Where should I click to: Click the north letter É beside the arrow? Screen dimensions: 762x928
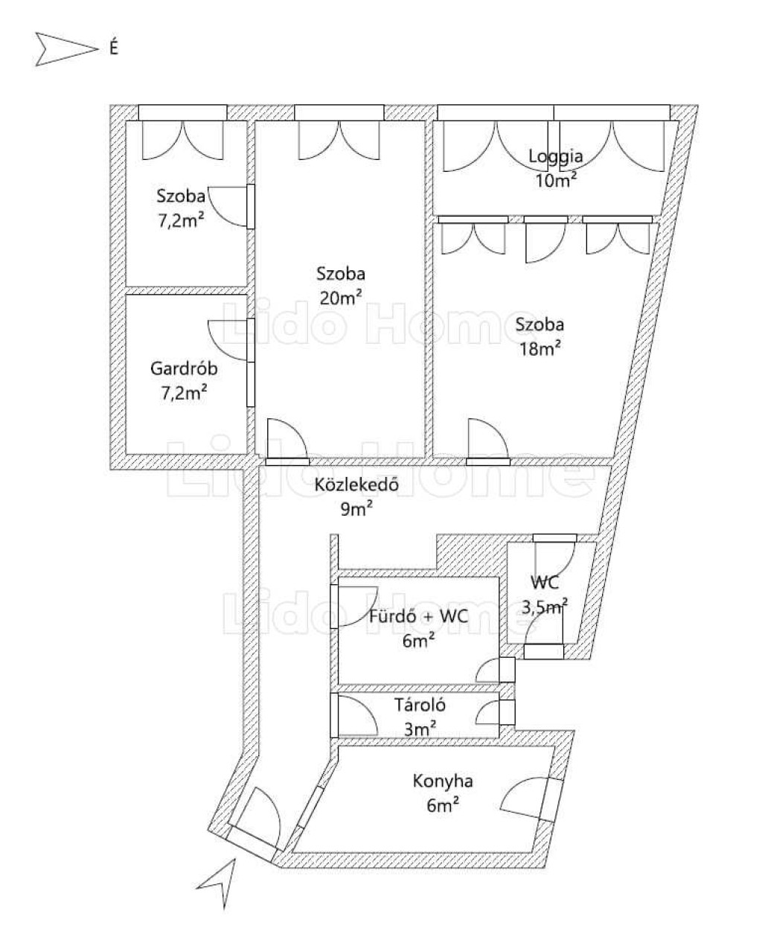point(114,47)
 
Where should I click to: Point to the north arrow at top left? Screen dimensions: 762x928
point(66,49)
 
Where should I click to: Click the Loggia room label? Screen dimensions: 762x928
point(556,156)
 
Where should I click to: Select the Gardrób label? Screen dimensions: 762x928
point(184,368)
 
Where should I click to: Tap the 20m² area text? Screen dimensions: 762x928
point(341,298)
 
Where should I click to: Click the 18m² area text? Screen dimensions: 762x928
point(540,349)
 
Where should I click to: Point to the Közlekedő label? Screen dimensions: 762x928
point(356,484)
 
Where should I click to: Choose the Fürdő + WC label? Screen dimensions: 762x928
point(418,616)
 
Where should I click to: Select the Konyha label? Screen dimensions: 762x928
point(443,781)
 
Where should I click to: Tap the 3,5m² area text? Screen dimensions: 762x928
point(545,607)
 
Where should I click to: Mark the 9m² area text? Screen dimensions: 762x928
point(356,509)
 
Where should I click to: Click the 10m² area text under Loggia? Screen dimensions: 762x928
point(556,179)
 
